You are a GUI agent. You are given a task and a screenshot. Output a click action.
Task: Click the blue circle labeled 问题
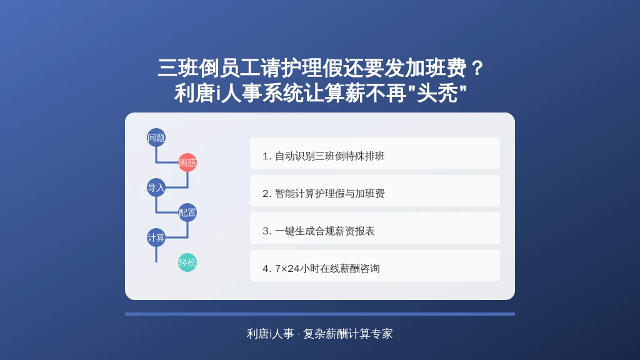tap(156, 137)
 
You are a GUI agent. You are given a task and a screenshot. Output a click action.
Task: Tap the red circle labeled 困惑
tap(187, 162)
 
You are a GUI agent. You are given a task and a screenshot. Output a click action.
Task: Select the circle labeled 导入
tap(156, 187)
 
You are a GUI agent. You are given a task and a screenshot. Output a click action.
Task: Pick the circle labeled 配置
tap(187, 212)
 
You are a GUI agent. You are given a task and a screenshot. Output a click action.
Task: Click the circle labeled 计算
tap(156, 237)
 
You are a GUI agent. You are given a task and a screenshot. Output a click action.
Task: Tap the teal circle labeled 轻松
tap(187, 262)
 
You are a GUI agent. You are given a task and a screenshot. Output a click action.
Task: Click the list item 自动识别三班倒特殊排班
tap(375, 153)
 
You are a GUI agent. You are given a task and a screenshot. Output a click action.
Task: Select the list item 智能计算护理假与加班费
tap(375, 191)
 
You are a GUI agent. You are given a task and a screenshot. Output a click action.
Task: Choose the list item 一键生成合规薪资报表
tap(375, 228)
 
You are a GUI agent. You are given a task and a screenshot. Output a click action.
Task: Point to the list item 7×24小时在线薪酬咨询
tap(375, 266)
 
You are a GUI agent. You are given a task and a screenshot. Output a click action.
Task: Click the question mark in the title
tap(476, 67)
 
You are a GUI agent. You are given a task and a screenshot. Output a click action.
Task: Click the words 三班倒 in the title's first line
tap(188, 67)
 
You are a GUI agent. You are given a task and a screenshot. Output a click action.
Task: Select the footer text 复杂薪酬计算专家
tap(347, 334)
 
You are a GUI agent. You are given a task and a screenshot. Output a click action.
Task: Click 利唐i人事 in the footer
tap(270, 334)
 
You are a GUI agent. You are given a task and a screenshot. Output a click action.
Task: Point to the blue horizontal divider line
tap(320, 314)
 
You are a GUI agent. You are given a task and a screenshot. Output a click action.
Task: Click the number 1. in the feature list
tap(267, 156)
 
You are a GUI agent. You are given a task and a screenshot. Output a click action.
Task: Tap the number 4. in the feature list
tap(267, 269)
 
